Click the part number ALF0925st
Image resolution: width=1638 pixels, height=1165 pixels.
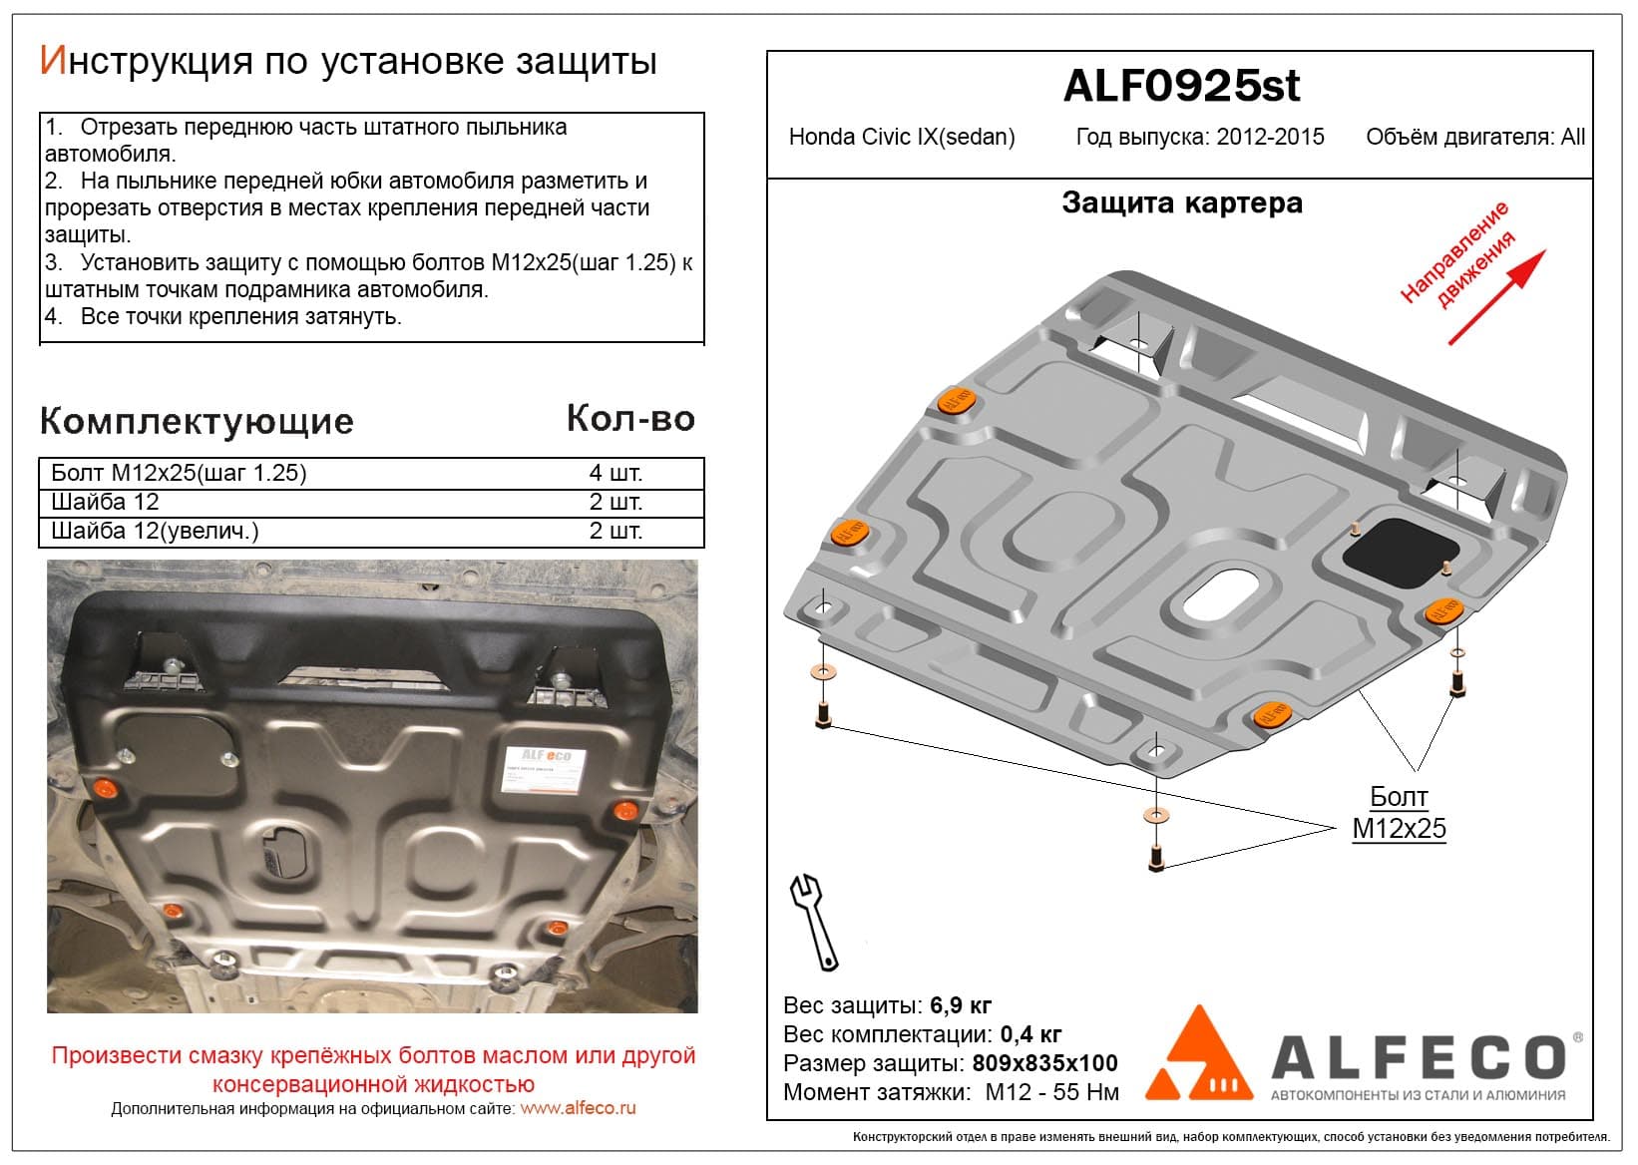point(1181,87)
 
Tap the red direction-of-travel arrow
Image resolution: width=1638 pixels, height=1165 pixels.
point(1497,297)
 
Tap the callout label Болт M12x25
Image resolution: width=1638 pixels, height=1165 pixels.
point(1399,813)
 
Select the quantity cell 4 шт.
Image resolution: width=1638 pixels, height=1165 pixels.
point(615,473)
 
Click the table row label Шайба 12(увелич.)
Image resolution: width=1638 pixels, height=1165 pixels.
point(155,531)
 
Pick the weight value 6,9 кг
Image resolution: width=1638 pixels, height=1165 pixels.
point(960,1005)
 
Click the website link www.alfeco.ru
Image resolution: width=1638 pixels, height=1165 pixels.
point(578,1108)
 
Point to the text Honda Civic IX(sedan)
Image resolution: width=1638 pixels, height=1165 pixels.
point(902,137)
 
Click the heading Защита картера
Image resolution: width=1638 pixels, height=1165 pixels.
point(1182,203)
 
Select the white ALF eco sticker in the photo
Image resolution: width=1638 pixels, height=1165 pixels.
point(545,769)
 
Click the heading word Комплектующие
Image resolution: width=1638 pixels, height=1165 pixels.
point(197,422)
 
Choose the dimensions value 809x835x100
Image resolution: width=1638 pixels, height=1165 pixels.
point(1044,1062)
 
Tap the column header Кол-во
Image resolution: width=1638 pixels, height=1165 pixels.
point(630,419)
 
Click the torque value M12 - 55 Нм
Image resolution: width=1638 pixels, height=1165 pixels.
point(1051,1092)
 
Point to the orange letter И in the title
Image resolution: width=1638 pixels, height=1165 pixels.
point(54,60)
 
